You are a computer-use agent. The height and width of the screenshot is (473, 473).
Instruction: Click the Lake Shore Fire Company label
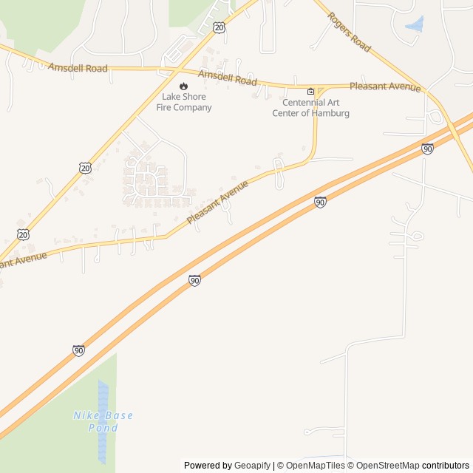(184, 102)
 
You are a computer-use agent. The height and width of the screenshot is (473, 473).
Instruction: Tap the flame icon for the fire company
(184, 86)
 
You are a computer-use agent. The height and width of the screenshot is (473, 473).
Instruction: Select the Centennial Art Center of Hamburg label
(310, 108)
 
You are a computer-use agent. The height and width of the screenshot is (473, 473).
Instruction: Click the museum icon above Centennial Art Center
(310, 92)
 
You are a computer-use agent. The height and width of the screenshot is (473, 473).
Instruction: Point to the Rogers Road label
(349, 33)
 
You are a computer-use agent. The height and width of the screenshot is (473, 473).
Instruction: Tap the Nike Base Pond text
(103, 421)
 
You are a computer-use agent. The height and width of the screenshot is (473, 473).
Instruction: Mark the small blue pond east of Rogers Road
(415, 24)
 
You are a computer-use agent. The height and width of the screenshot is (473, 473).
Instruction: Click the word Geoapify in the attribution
(253, 466)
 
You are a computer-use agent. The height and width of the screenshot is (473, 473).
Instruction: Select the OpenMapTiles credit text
(315, 466)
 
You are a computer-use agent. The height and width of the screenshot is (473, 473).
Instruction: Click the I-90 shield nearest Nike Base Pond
(78, 350)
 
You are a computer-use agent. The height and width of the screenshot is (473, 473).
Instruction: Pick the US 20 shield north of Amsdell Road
(219, 27)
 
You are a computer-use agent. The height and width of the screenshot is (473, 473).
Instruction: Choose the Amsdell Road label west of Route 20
(78, 68)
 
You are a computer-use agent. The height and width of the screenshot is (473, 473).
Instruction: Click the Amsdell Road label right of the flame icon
(227, 77)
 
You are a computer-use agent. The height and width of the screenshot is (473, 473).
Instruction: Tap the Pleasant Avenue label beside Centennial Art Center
(385, 86)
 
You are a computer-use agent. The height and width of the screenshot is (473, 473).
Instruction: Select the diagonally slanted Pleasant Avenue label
(217, 202)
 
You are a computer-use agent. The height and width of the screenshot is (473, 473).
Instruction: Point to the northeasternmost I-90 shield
(427, 149)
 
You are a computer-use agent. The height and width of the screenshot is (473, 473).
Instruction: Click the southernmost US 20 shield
(24, 234)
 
